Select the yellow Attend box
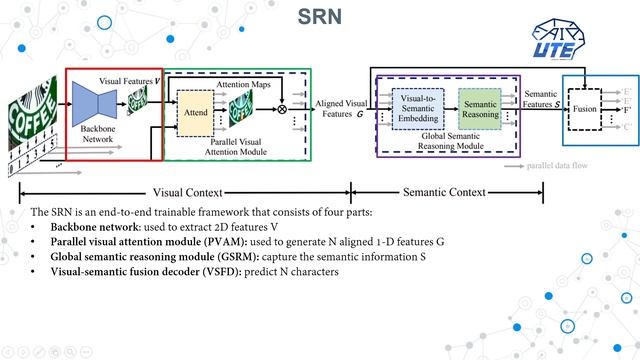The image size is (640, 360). [x=195, y=114]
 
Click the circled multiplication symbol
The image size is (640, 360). [x=281, y=108]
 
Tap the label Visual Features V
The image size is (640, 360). [x=129, y=78]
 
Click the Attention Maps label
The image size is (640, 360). [x=243, y=86]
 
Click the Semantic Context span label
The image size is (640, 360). [x=444, y=192]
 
